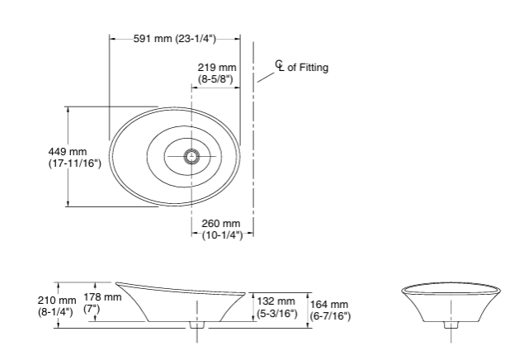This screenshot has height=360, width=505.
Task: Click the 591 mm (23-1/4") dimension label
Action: pyautogui.click(x=175, y=38)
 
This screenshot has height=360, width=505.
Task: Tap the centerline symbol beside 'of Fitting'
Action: pyautogui.click(x=280, y=66)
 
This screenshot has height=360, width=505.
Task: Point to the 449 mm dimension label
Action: pyautogui.click(x=68, y=152)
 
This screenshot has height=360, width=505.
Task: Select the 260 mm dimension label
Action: pyautogui.click(x=220, y=224)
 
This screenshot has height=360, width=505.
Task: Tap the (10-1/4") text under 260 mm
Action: pyautogui.click(x=221, y=235)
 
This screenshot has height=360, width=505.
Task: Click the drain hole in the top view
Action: pyautogui.click(x=192, y=155)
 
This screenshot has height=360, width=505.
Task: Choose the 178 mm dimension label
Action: pyautogui.click(x=103, y=297)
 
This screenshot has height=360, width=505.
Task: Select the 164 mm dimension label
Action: pyautogui.click(x=329, y=305)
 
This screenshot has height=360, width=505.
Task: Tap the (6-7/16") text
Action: pyautogui.click(x=330, y=316)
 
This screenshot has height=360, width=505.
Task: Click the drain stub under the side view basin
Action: pyautogui.click(x=196, y=324)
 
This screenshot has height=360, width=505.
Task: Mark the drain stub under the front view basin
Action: pyautogui.click(x=450, y=324)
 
